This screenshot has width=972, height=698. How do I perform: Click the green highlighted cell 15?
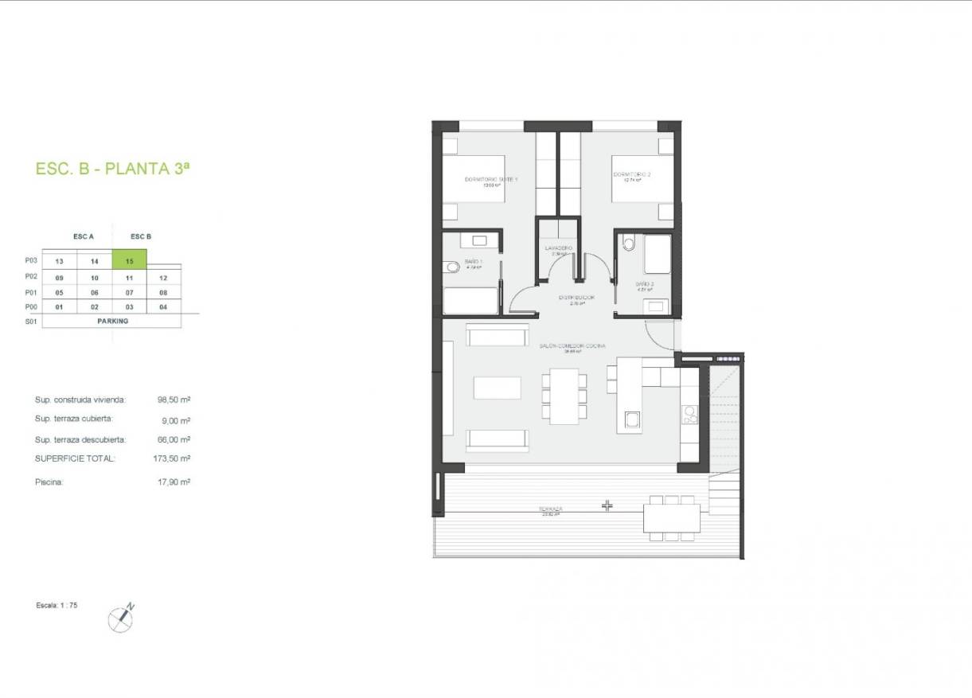click(129, 260)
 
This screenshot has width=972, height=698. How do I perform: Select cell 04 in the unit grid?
click(163, 306)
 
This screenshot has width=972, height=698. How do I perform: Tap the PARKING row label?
click(112, 322)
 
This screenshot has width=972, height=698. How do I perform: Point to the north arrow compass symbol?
click(121, 618)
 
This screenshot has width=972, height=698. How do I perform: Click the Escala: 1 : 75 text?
click(57, 606)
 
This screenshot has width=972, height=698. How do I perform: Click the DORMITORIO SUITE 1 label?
click(491, 181)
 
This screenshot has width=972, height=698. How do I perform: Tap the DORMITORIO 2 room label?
click(632, 175)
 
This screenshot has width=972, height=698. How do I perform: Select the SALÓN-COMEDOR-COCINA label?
click(572, 346)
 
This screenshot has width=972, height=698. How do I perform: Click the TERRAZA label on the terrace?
click(550, 509)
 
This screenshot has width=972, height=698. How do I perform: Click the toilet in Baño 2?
click(629, 243)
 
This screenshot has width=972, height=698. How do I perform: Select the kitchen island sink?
click(632, 419)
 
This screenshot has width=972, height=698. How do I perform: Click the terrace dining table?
click(673, 518)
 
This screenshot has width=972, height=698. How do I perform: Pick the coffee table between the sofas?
click(498, 388)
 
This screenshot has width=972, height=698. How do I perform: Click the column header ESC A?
click(84, 236)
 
